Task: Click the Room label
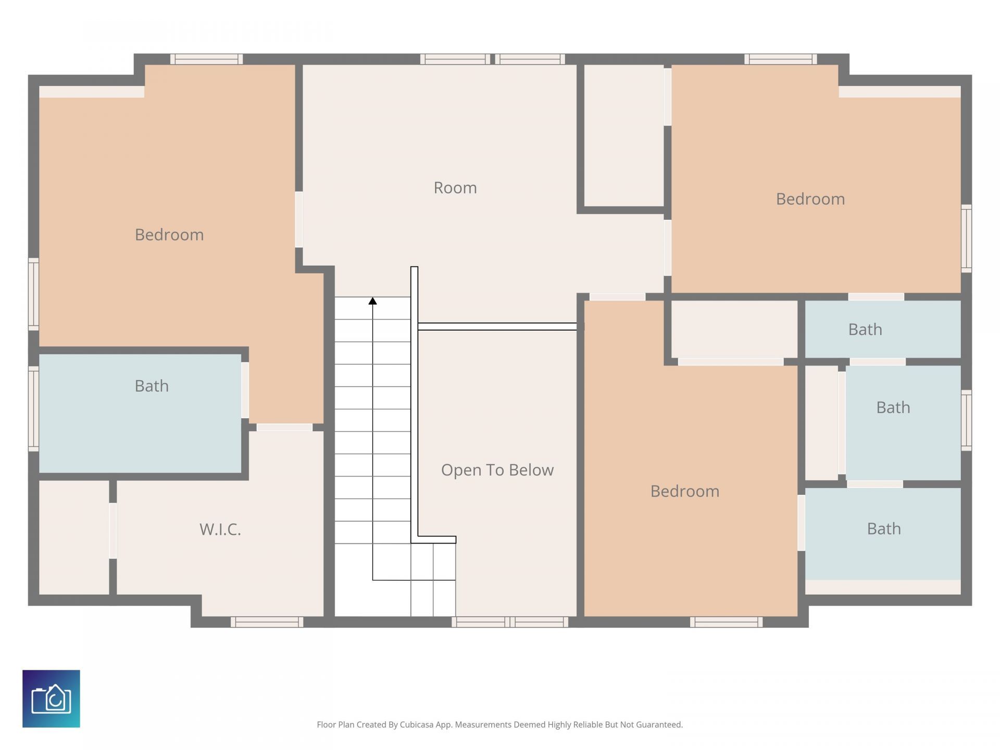(455, 187)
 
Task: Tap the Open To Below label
(497, 470)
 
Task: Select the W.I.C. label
(220, 530)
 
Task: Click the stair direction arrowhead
(372, 301)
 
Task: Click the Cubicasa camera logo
(51, 698)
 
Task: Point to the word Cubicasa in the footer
(417, 724)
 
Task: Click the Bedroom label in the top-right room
(810, 199)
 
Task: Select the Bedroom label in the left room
(169, 235)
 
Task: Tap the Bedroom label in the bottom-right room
(685, 491)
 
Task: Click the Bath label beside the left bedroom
(152, 386)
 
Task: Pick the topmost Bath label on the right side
(865, 330)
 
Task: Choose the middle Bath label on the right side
(893, 407)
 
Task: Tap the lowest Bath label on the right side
(884, 529)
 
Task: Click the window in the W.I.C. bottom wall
(267, 622)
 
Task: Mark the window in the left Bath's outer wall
(33, 408)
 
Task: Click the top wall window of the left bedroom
(207, 59)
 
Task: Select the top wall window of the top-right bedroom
(781, 59)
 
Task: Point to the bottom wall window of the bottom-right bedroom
(727, 622)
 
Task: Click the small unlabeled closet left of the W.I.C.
(74, 537)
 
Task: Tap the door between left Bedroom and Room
(299, 219)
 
